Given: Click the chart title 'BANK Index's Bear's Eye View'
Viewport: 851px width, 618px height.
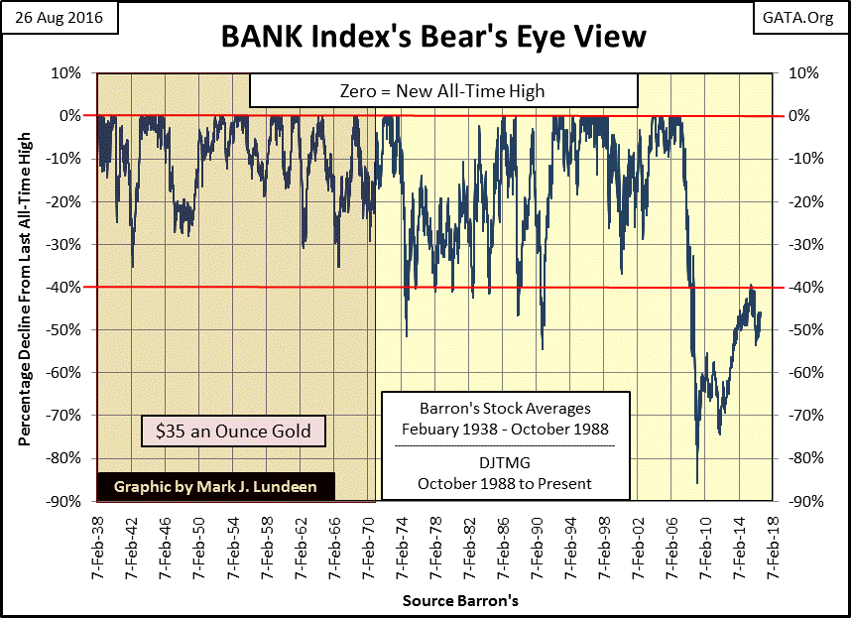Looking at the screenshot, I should pyautogui.click(x=425, y=37).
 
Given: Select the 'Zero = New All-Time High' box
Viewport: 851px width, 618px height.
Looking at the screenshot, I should pyautogui.click(x=441, y=91).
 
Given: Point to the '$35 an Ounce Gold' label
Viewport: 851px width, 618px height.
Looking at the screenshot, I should pyautogui.click(x=233, y=432).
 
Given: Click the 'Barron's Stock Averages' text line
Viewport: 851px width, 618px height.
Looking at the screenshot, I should pyautogui.click(x=505, y=408).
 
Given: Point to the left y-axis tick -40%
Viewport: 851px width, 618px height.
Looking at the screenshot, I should pyautogui.click(x=67, y=288).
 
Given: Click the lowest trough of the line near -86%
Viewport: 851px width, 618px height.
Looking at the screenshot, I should pyautogui.click(x=697, y=483).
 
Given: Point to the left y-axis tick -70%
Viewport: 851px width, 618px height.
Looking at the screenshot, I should pyautogui.click(x=67, y=416).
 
